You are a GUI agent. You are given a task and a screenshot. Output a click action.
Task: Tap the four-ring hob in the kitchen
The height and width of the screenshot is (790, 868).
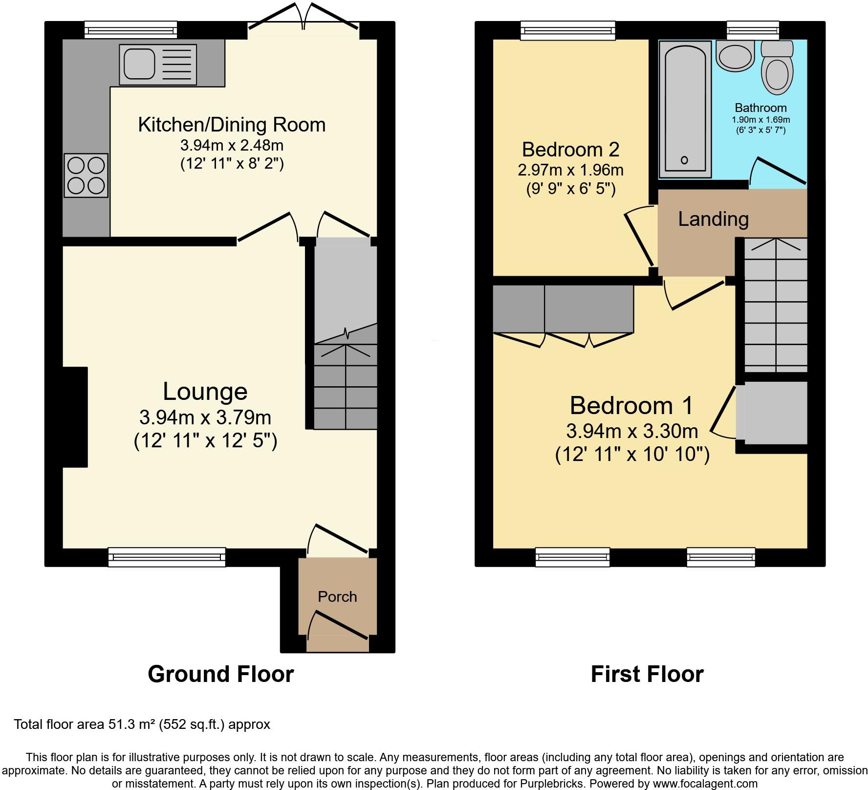tap(86, 176)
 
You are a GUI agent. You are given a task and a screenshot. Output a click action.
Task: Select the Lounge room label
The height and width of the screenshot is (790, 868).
tap(205, 391)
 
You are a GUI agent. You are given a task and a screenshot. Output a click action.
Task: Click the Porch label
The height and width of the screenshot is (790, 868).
tap(337, 596)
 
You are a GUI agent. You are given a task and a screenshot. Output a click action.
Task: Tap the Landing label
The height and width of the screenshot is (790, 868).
tap(713, 219)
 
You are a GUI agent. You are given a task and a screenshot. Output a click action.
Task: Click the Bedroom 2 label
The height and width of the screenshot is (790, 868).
tap(570, 149)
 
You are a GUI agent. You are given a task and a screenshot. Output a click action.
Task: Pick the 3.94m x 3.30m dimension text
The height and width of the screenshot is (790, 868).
tap(631, 431)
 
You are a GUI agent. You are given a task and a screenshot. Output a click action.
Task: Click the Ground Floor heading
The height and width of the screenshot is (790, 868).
tap(220, 674)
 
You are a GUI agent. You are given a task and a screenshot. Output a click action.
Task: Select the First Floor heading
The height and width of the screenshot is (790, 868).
tap(647, 674)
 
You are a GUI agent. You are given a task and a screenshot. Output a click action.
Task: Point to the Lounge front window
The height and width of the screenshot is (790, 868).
tap(167, 557)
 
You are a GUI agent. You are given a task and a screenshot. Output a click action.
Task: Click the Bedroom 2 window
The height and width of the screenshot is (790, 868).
tap(567, 30)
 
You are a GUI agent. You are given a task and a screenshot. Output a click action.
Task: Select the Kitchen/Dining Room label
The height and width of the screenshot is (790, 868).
tap(232, 125)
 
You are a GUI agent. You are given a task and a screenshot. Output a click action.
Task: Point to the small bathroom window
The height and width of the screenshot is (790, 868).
tap(753, 30)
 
